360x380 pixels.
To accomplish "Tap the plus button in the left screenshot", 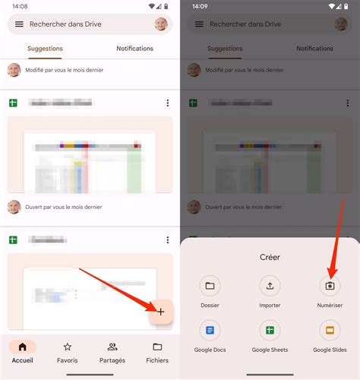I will [161, 312].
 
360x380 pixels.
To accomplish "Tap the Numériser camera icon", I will [330, 286].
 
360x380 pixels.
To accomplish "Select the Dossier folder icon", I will [210, 286].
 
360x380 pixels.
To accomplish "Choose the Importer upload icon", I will [270, 286].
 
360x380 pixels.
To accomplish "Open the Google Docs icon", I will [210, 331].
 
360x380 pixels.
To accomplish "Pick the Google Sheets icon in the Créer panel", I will [270, 331].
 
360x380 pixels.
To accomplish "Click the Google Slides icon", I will [330, 331].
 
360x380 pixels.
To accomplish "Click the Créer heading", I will [270, 257].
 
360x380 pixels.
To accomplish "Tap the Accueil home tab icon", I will [22, 347].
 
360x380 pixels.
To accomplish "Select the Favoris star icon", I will [68, 347].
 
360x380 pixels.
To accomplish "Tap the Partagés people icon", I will [112, 347].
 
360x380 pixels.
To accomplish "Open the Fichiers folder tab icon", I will [157, 347].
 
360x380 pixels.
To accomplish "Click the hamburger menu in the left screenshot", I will [19, 24].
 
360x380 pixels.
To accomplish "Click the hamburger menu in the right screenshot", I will [199, 24].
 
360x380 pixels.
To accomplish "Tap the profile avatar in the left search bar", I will [161, 24].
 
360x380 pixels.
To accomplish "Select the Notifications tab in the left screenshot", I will [134, 49].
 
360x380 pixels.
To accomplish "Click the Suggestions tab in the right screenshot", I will [225, 49].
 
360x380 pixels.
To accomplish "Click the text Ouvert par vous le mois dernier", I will [63, 207].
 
